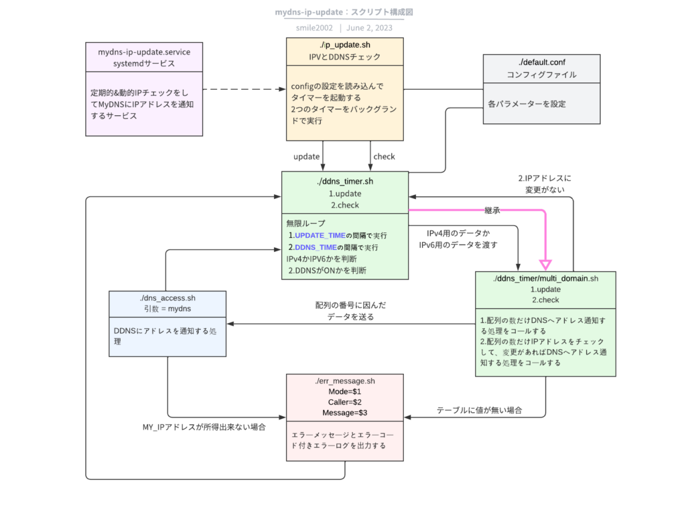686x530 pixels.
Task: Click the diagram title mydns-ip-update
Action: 308,12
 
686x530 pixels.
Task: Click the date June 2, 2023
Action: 369,28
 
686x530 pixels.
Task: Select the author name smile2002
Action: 314,28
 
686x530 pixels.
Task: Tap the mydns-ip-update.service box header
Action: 144,58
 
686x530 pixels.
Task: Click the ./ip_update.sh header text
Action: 345,45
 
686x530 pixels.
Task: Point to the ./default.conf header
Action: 541,69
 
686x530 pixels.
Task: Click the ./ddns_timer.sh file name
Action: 345,181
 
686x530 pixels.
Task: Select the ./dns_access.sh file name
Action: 167,298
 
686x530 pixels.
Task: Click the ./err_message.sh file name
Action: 345,381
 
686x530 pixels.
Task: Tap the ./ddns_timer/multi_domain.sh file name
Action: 545,279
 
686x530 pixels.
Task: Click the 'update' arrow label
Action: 306,157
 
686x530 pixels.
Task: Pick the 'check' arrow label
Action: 384,157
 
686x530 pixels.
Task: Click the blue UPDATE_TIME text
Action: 320,235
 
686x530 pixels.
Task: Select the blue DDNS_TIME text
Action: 316,247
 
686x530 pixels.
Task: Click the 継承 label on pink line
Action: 492,210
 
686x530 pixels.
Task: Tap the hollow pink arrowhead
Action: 545,265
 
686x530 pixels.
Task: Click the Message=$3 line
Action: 345,413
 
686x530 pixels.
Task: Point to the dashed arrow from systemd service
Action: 245,89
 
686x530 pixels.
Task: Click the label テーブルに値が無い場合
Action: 479,410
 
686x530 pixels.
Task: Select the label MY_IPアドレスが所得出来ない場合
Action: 204,427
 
